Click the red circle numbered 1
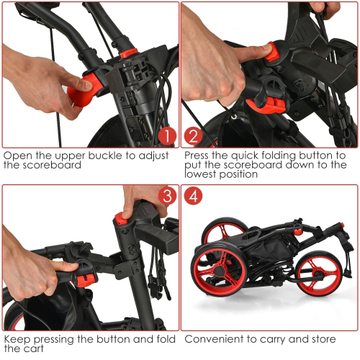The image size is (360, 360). click(x=166, y=135)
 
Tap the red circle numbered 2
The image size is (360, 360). click(x=193, y=135)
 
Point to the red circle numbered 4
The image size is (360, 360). click(x=193, y=196)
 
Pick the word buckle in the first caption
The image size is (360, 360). click(x=96, y=155)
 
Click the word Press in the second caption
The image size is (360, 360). click(x=199, y=155)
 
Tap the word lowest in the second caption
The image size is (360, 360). click(x=204, y=174)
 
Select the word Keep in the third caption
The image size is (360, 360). click(x=17, y=338)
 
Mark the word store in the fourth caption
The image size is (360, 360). click(x=331, y=338)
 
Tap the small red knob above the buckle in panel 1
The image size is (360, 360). click(x=127, y=54)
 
